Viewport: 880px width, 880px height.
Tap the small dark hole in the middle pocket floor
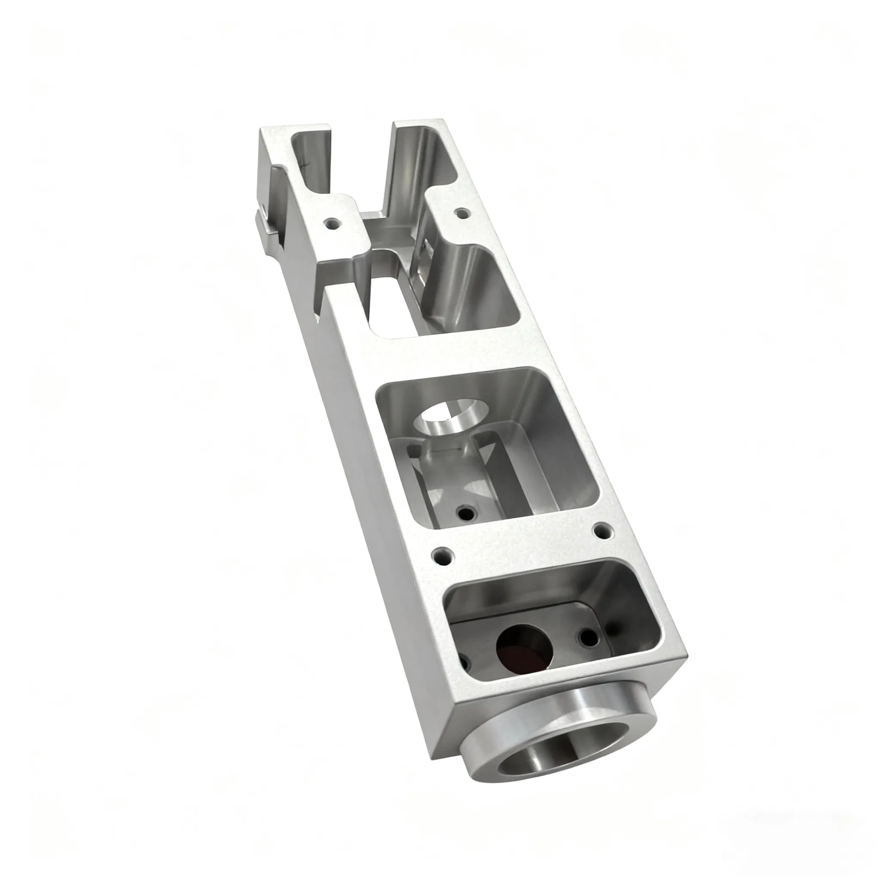(465, 513)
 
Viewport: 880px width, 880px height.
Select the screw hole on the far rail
(462, 213)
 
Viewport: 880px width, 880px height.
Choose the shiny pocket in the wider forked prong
(424, 155)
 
